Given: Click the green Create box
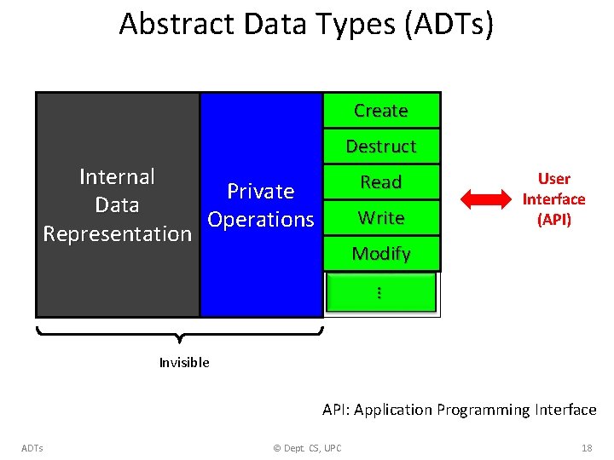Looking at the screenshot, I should pyautogui.click(x=381, y=111).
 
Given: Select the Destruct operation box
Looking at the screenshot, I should pyautogui.click(x=381, y=147).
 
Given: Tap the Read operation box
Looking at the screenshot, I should pyautogui.click(x=381, y=182).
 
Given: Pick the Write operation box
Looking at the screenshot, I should pyautogui.click(x=381, y=218).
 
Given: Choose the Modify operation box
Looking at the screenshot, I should pyautogui.click(x=381, y=254).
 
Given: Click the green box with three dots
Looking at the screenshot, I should pyautogui.click(x=380, y=292).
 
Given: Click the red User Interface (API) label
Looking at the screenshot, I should pyautogui.click(x=553, y=199).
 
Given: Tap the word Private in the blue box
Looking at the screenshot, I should pyautogui.click(x=260, y=192).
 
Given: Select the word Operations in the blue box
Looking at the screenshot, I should pyautogui.click(x=260, y=220).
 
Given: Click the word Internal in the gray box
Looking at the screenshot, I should pyautogui.click(x=117, y=177).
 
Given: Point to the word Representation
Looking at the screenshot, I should pyautogui.click(x=117, y=234).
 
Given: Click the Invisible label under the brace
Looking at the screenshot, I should pyautogui.click(x=183, y=363).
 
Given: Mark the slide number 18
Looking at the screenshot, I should pyautogui.click(x=586, y=448).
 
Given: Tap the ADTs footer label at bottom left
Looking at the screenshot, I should pyautogui.click(x=32, y=448).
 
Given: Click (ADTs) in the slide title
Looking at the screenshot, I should pyautogui.click(x=445, y=24).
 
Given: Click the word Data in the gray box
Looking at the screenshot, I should pyautogui.click(x=117, y=205).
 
